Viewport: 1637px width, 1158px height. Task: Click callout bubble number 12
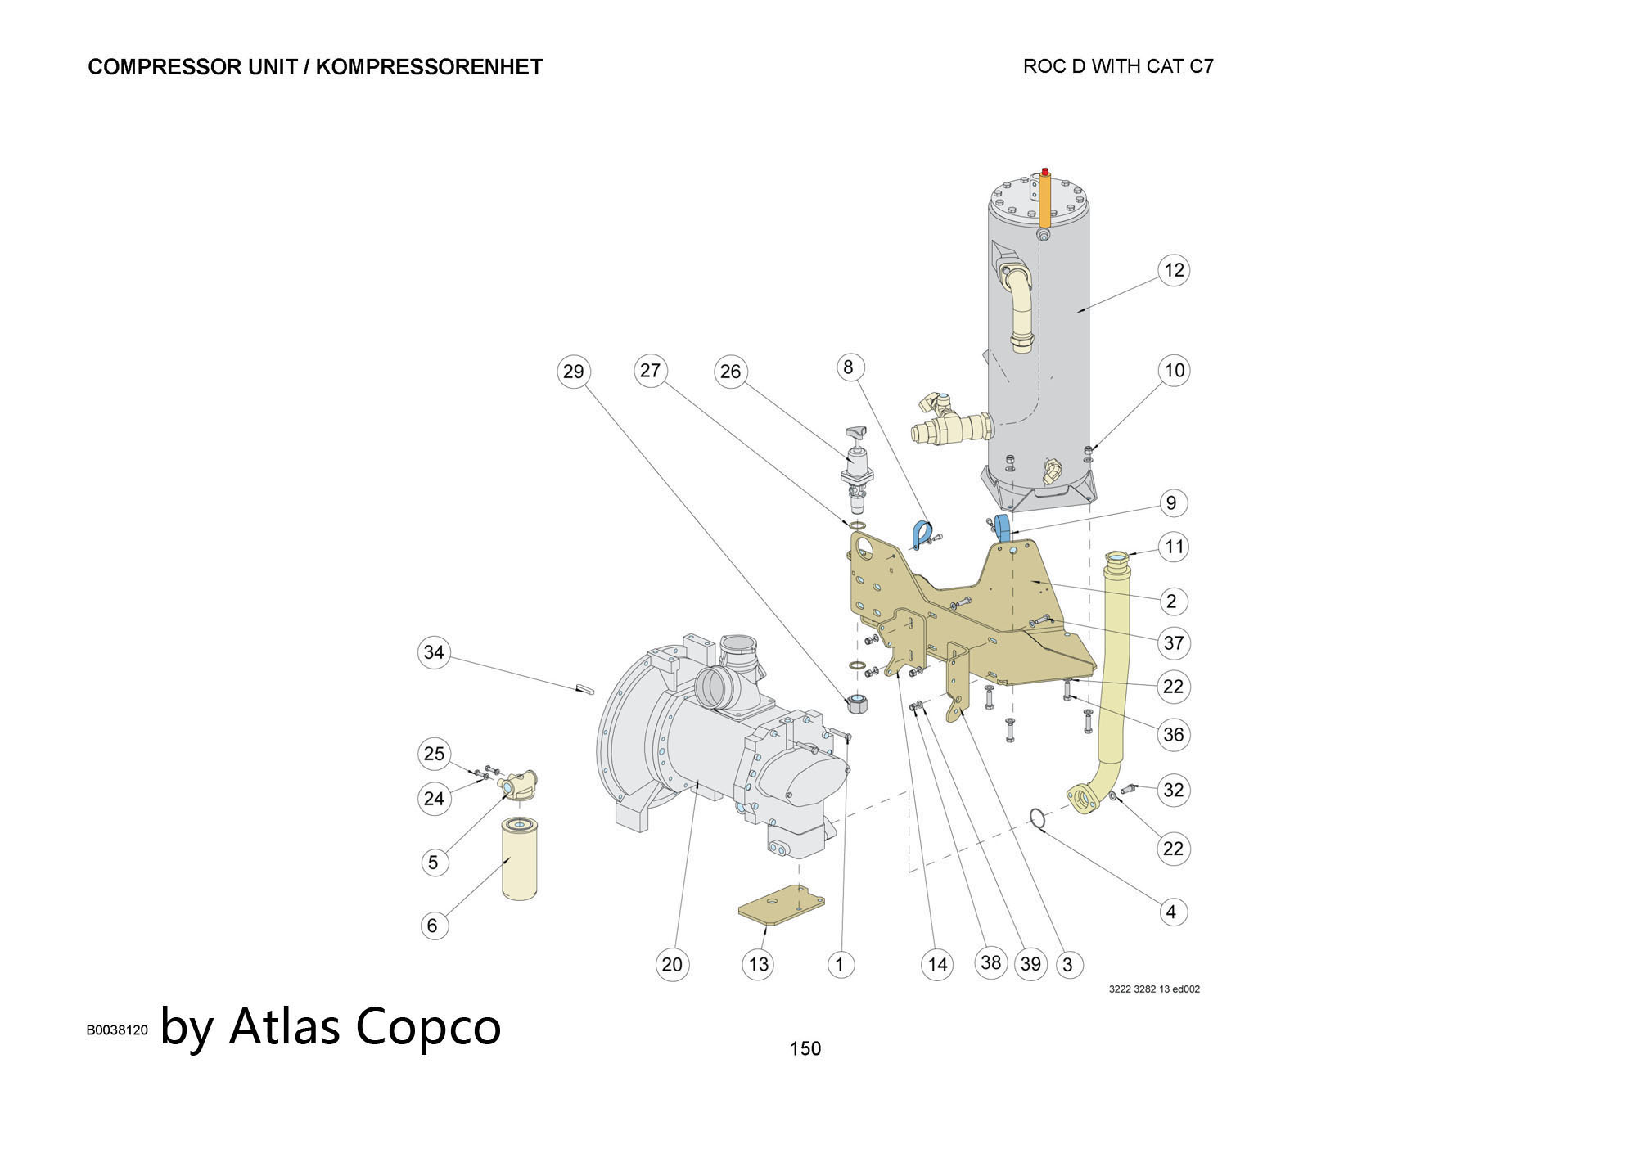tap(1174, 270)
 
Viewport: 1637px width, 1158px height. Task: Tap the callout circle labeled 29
tap(573, 372)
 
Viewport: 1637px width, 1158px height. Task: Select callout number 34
tap(434, 652)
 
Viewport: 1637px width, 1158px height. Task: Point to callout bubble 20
tap(672, 964)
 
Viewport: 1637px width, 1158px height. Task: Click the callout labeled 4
tap(1171, 912)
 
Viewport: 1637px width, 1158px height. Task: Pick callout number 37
tap(1174, 642)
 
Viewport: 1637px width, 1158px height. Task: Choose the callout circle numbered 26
tap(730, 372)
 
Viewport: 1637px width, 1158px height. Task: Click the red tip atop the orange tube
tap(1045, 171)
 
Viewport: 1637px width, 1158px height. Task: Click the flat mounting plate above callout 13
tap(781, 906)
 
